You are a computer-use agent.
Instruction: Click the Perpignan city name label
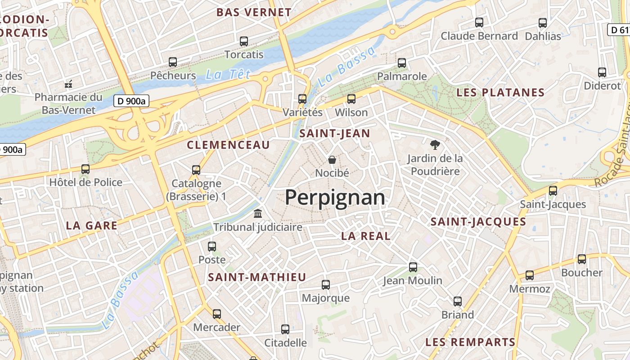click(335, 198)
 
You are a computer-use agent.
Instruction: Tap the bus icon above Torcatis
click(244, 41)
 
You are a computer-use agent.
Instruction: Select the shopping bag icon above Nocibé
click(332, 160)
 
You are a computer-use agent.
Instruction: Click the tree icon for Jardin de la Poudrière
click(435, 145)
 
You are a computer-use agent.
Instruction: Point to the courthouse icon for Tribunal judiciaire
click(258, 213)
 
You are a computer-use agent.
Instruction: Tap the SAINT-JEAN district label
click(334, 133)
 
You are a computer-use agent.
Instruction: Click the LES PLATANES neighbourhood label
click(500, 93)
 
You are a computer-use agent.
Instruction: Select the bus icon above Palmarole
click(402, 63)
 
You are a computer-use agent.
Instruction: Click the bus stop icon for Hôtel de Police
click(85, 169)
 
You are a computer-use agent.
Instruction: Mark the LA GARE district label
click(92, 225)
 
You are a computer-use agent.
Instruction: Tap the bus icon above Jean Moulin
click(413, 267)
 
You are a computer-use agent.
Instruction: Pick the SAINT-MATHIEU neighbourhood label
click(257, 277)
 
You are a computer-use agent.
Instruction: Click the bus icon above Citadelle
click(285, 329)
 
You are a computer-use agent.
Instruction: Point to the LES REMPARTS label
click(470, 342)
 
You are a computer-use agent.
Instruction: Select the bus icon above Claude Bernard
click(479, 22)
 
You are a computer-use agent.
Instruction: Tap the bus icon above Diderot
click(602, 72)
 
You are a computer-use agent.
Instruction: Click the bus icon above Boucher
click(582, 259)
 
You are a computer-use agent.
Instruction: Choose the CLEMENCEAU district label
click(228, 145)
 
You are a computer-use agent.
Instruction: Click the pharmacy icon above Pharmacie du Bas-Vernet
click(68, 84)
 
